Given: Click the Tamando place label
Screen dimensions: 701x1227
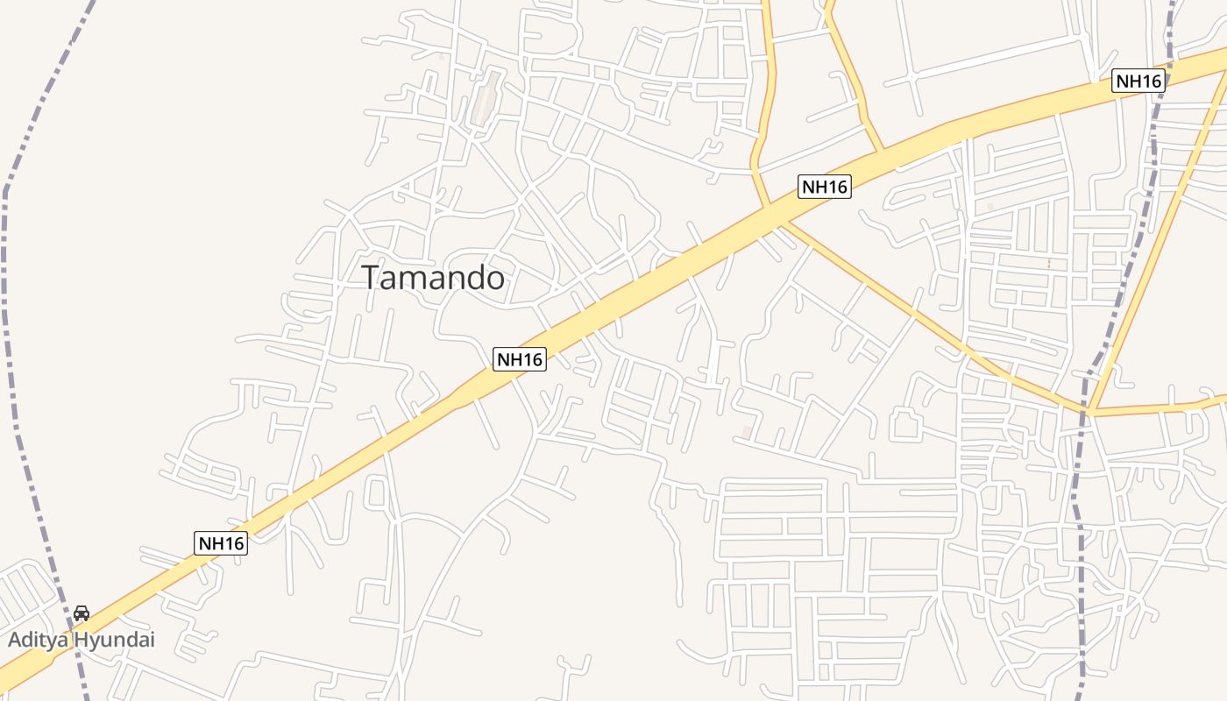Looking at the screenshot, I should [433, 278].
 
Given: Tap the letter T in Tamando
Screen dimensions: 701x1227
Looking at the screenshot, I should [371, 278].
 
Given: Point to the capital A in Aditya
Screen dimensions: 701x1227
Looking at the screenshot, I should [14, 640].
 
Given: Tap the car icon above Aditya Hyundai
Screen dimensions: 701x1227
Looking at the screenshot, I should [82, 613].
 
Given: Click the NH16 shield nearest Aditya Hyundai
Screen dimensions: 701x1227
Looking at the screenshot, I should [221, 543].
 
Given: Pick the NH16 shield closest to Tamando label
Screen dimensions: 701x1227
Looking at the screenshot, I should [519, 358].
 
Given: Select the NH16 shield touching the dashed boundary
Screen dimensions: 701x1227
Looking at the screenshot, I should [1138, 81].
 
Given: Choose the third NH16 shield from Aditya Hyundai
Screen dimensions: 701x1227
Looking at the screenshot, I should [825, 187].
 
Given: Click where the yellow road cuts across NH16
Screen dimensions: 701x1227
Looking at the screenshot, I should [769, 207].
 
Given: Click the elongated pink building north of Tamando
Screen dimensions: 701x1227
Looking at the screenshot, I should [485, 98].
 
